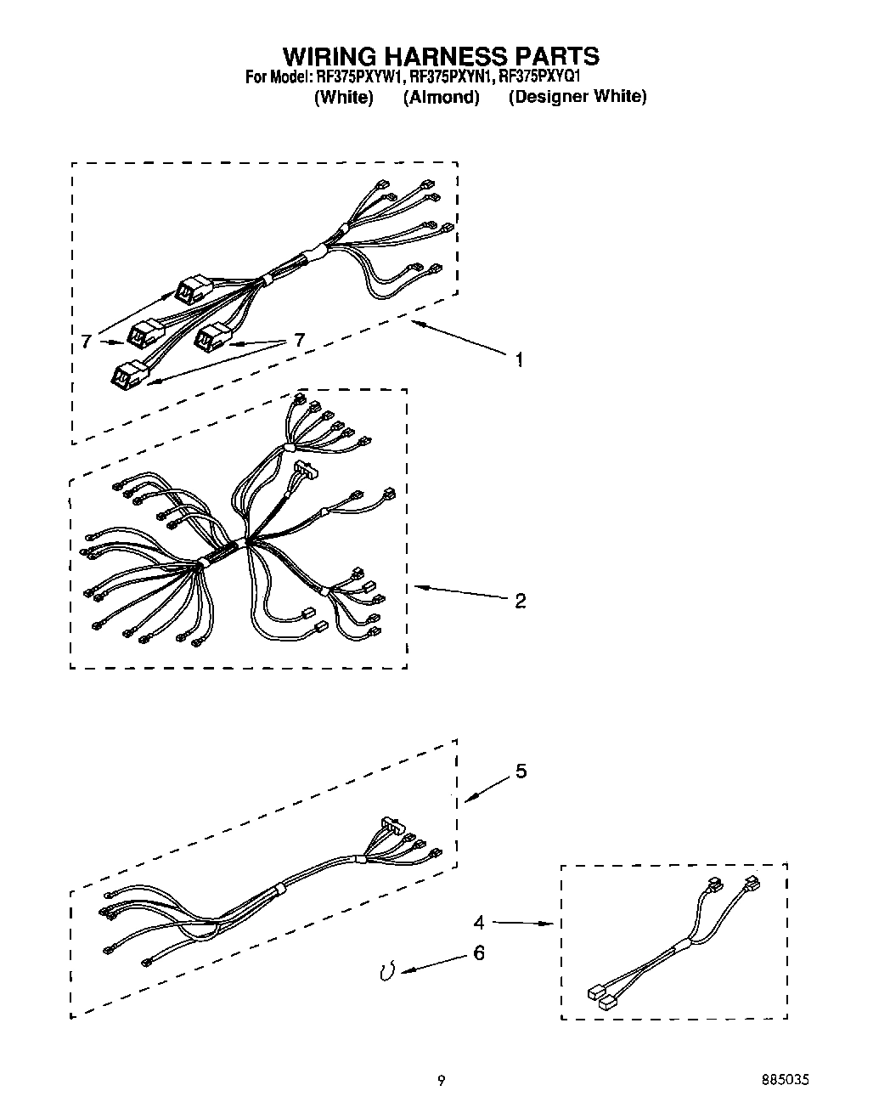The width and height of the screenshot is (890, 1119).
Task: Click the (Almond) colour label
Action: (441, 97)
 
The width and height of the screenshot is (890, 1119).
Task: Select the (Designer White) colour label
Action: (577, 97)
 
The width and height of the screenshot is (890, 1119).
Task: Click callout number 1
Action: (519, 360)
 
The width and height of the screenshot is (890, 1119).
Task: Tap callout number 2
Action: (521, 602)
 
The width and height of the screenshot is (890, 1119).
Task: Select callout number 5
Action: (521, 771)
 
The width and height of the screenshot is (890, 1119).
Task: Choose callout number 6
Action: (479, 954)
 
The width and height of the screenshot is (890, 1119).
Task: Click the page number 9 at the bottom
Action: (441, 1081)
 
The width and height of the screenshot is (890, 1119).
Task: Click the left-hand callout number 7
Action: (86, 342)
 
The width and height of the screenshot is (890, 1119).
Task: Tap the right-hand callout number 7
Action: (298, 340)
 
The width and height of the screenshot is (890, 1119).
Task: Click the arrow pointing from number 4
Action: (522, 923)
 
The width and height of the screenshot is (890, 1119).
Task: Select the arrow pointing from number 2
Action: (459, 593)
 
